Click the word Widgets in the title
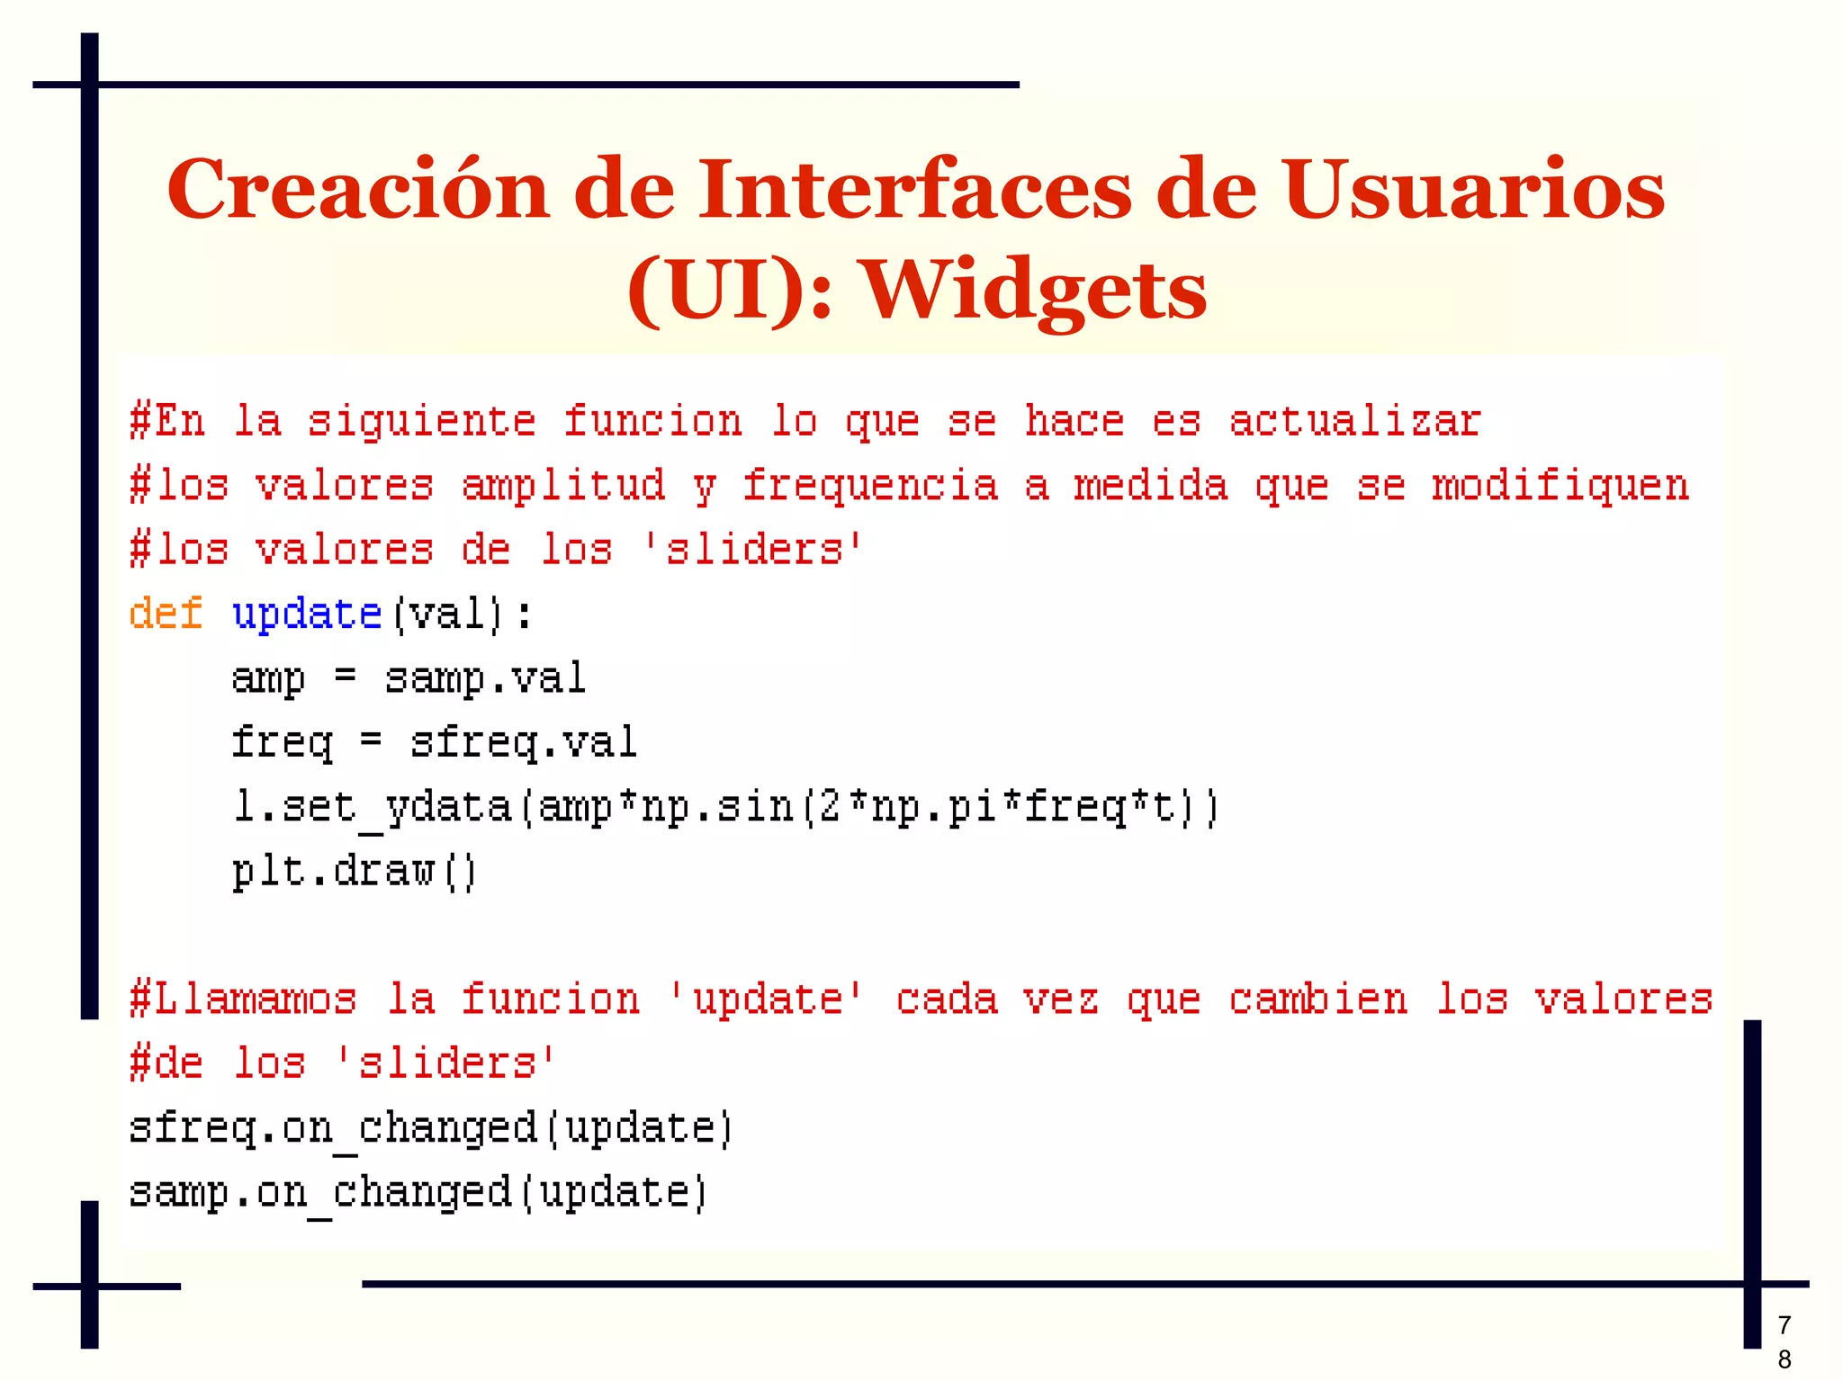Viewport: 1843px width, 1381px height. (x=1035, y=291)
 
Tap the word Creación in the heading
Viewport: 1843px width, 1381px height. (x=357, y=190)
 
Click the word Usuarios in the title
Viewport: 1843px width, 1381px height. (x=1473, y=190)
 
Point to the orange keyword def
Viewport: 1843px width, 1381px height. (x=166, y=614)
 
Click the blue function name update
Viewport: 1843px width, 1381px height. (x=307, y=615)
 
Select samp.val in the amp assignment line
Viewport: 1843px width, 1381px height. (x=485, y=679)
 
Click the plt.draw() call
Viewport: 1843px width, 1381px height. (x=354, y=872)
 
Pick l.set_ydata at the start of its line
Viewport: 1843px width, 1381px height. (x=372, y=807)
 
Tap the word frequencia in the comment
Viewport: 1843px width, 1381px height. (x=869, y=487)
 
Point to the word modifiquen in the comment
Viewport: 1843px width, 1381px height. (x=1560, y=487)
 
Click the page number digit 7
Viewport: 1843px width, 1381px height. (x=1785, y=1325)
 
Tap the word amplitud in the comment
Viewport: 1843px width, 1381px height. (x=563, y=487)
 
